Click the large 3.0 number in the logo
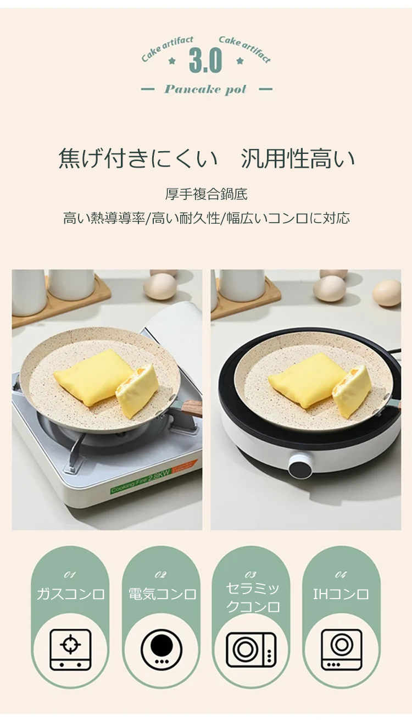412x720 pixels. (205, 60)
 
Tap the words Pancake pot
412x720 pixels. (205, 90)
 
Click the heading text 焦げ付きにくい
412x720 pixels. (138, 158)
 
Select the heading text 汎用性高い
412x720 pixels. (298, 158)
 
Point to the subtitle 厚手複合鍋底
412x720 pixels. (207, 194)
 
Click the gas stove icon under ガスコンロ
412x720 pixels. (71, 650)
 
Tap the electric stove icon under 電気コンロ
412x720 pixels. (162, 650)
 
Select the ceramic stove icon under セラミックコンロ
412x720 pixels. (251, 650)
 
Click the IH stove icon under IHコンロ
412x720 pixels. (342, 650)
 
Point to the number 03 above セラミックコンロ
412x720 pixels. (250, 574)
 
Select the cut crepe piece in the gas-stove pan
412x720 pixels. (137, 391)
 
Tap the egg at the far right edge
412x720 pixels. (387, 292)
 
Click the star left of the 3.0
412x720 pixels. (172, 60)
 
